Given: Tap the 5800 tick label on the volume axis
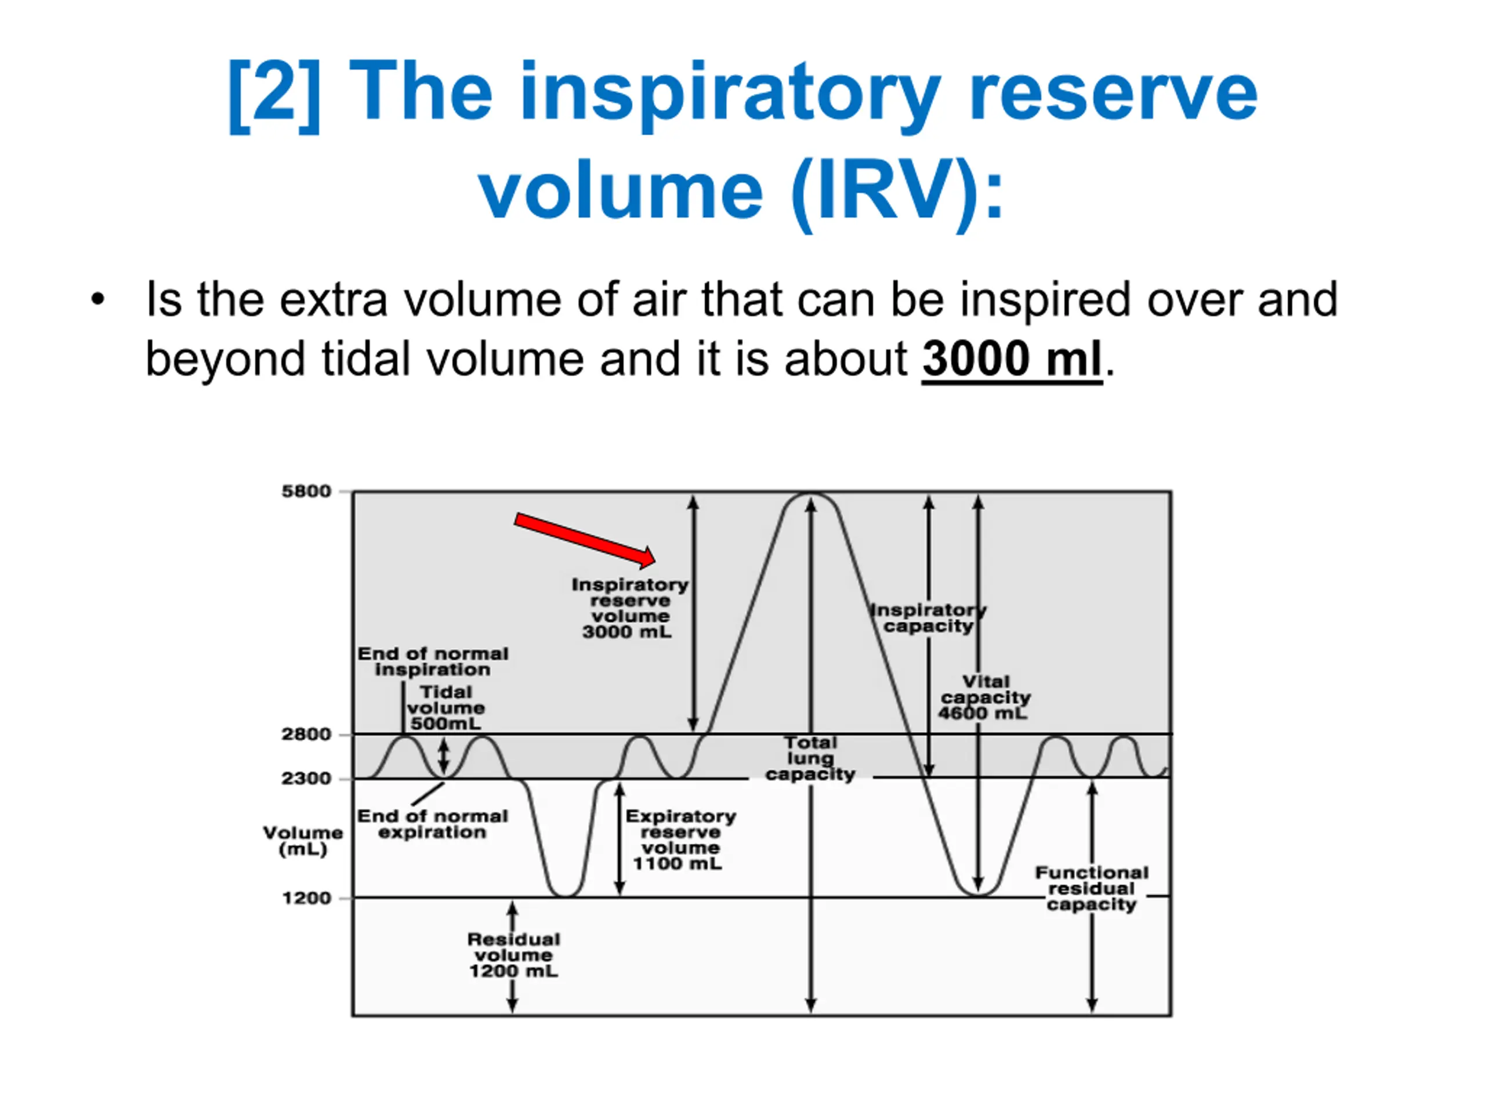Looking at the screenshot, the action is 306,491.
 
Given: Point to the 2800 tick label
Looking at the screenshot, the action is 306,735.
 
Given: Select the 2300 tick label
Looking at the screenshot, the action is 306,779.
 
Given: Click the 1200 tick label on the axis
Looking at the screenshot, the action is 306,898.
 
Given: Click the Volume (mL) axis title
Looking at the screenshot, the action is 303,841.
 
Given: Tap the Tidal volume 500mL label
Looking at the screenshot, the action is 445,708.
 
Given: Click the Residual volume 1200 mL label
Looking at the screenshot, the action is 513,956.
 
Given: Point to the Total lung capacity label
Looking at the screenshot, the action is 810,759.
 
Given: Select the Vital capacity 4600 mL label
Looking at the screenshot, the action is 984,697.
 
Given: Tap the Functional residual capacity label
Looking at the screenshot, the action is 1092,889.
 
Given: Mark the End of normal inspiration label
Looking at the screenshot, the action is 433,661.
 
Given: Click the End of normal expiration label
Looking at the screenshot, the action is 432,824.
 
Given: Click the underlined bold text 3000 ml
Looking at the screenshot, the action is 1012,359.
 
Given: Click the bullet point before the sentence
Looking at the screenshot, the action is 98,300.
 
